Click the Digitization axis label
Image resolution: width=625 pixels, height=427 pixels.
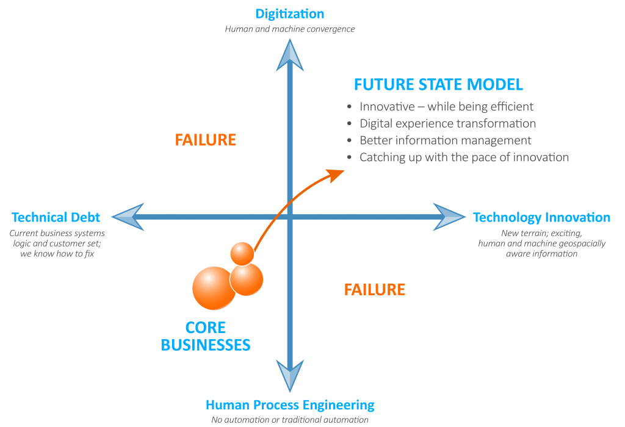point(290,14)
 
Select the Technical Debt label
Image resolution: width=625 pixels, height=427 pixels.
point(56,217)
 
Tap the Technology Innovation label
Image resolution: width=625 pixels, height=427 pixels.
point(541,217)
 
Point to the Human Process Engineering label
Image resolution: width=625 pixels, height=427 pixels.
point(290,405)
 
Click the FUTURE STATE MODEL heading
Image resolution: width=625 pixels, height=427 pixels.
point(438,85)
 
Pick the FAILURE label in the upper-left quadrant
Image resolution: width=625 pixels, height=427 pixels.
point(206,140)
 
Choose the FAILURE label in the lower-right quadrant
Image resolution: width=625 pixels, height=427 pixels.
point(375,289)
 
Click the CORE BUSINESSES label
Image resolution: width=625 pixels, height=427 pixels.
point(206,335)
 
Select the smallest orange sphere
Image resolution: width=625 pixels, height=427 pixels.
point(242,253)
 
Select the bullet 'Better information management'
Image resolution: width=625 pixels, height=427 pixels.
point(445,140)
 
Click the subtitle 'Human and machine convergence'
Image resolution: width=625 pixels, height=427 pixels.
point(290,29)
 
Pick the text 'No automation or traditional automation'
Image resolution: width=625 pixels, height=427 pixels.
point(290,420)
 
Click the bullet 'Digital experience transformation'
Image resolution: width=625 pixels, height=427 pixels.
point(447,123)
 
